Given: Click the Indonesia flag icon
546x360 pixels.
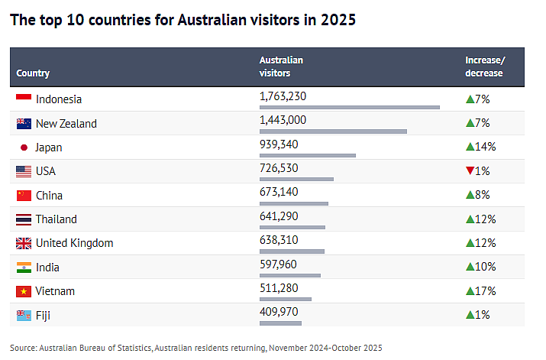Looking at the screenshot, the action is point(24,98).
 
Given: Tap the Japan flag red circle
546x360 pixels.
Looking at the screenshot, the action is point(24,148).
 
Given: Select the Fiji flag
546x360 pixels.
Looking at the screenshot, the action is point(24,316).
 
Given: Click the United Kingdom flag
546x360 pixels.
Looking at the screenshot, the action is point(24,243).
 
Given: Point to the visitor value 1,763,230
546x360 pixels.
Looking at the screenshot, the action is point(283,96).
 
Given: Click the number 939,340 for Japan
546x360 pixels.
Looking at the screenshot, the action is point(279,144).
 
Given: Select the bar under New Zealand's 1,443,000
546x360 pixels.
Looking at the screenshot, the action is point(333,131).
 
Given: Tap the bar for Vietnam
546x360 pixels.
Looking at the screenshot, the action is point(286,299).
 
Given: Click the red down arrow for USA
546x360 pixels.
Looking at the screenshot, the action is point(470,170).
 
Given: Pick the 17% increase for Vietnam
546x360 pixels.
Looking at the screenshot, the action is point(481,290).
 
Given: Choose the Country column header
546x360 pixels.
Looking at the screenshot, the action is point(33,73).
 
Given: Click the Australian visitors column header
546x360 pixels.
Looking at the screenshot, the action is point(281,66).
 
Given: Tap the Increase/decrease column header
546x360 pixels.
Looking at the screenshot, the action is point(485,66).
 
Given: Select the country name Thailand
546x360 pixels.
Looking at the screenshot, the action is point(56,219).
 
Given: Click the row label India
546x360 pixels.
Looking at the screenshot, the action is point(47,268).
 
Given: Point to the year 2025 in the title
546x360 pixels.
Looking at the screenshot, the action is point(338,20).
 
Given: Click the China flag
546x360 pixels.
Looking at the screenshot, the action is point(24,196).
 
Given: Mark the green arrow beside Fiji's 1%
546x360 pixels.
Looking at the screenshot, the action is point(470,315).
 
